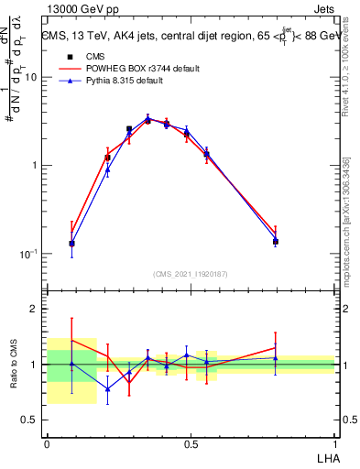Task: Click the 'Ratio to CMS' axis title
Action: (x=14, y=364)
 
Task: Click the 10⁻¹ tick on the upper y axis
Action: (x=30, y=254)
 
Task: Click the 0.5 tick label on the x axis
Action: (x=191, y=443)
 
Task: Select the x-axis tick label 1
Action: (x=334, y=443)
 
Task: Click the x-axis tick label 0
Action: (x=47, y=443)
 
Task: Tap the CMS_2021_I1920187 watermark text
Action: (x=191, y=273)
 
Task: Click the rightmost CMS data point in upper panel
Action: (x=276, y=242)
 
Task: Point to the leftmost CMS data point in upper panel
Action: (x=71, y=244)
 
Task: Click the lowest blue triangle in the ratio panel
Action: (x=106, y=389)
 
